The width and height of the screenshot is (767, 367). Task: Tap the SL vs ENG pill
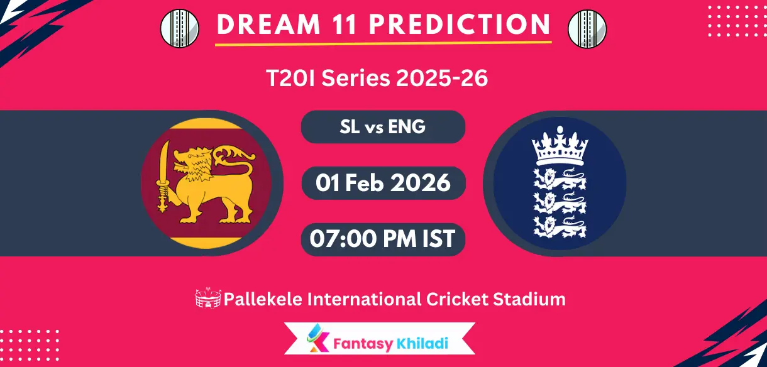[x=383, y=127]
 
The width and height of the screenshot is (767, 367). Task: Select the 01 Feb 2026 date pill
[x=383, y=183]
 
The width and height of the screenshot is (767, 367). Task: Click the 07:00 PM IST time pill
[x=383, y=239]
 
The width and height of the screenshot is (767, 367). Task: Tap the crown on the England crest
[x=560, y=146]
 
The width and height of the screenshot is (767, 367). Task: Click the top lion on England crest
[x=560, y=179]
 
